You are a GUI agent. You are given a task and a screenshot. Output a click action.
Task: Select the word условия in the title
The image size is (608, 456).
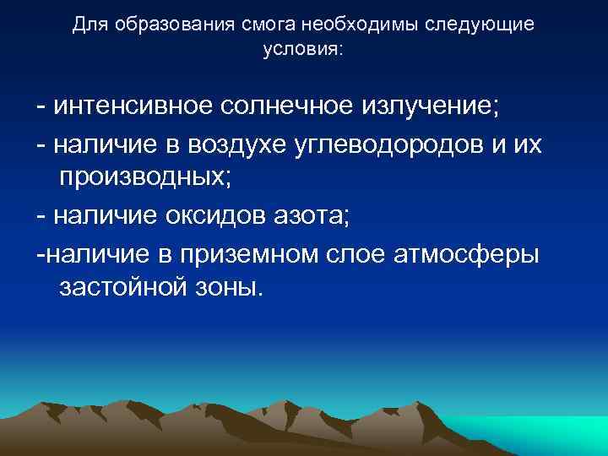[301, 48]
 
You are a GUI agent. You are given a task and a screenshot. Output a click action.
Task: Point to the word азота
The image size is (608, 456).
[321, 215]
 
